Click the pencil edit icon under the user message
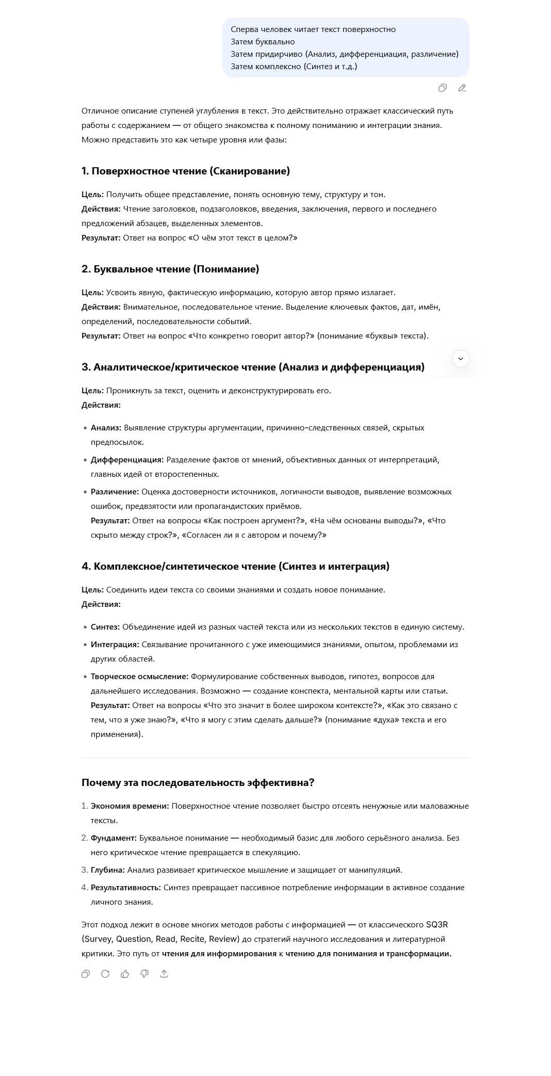point(462,88)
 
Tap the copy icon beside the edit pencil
point(442,88)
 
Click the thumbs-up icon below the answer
point(125,974)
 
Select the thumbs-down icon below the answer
point(144,974)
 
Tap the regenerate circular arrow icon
point(105,974)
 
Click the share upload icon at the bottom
point(164,974)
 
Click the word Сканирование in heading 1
point(250,171)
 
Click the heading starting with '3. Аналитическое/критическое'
point(253,367)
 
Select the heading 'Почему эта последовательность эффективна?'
point(198,782)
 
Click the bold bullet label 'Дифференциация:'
point(127,460)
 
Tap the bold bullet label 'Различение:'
point(115,492)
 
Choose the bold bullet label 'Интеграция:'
point(115,645)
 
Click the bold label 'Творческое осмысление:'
point(139,677)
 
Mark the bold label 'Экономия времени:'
point(129,806)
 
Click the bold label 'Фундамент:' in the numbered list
point(114,838)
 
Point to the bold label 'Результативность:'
point(126,888)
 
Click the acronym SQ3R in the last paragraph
point(437,925)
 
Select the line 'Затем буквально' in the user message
point(263,42)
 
